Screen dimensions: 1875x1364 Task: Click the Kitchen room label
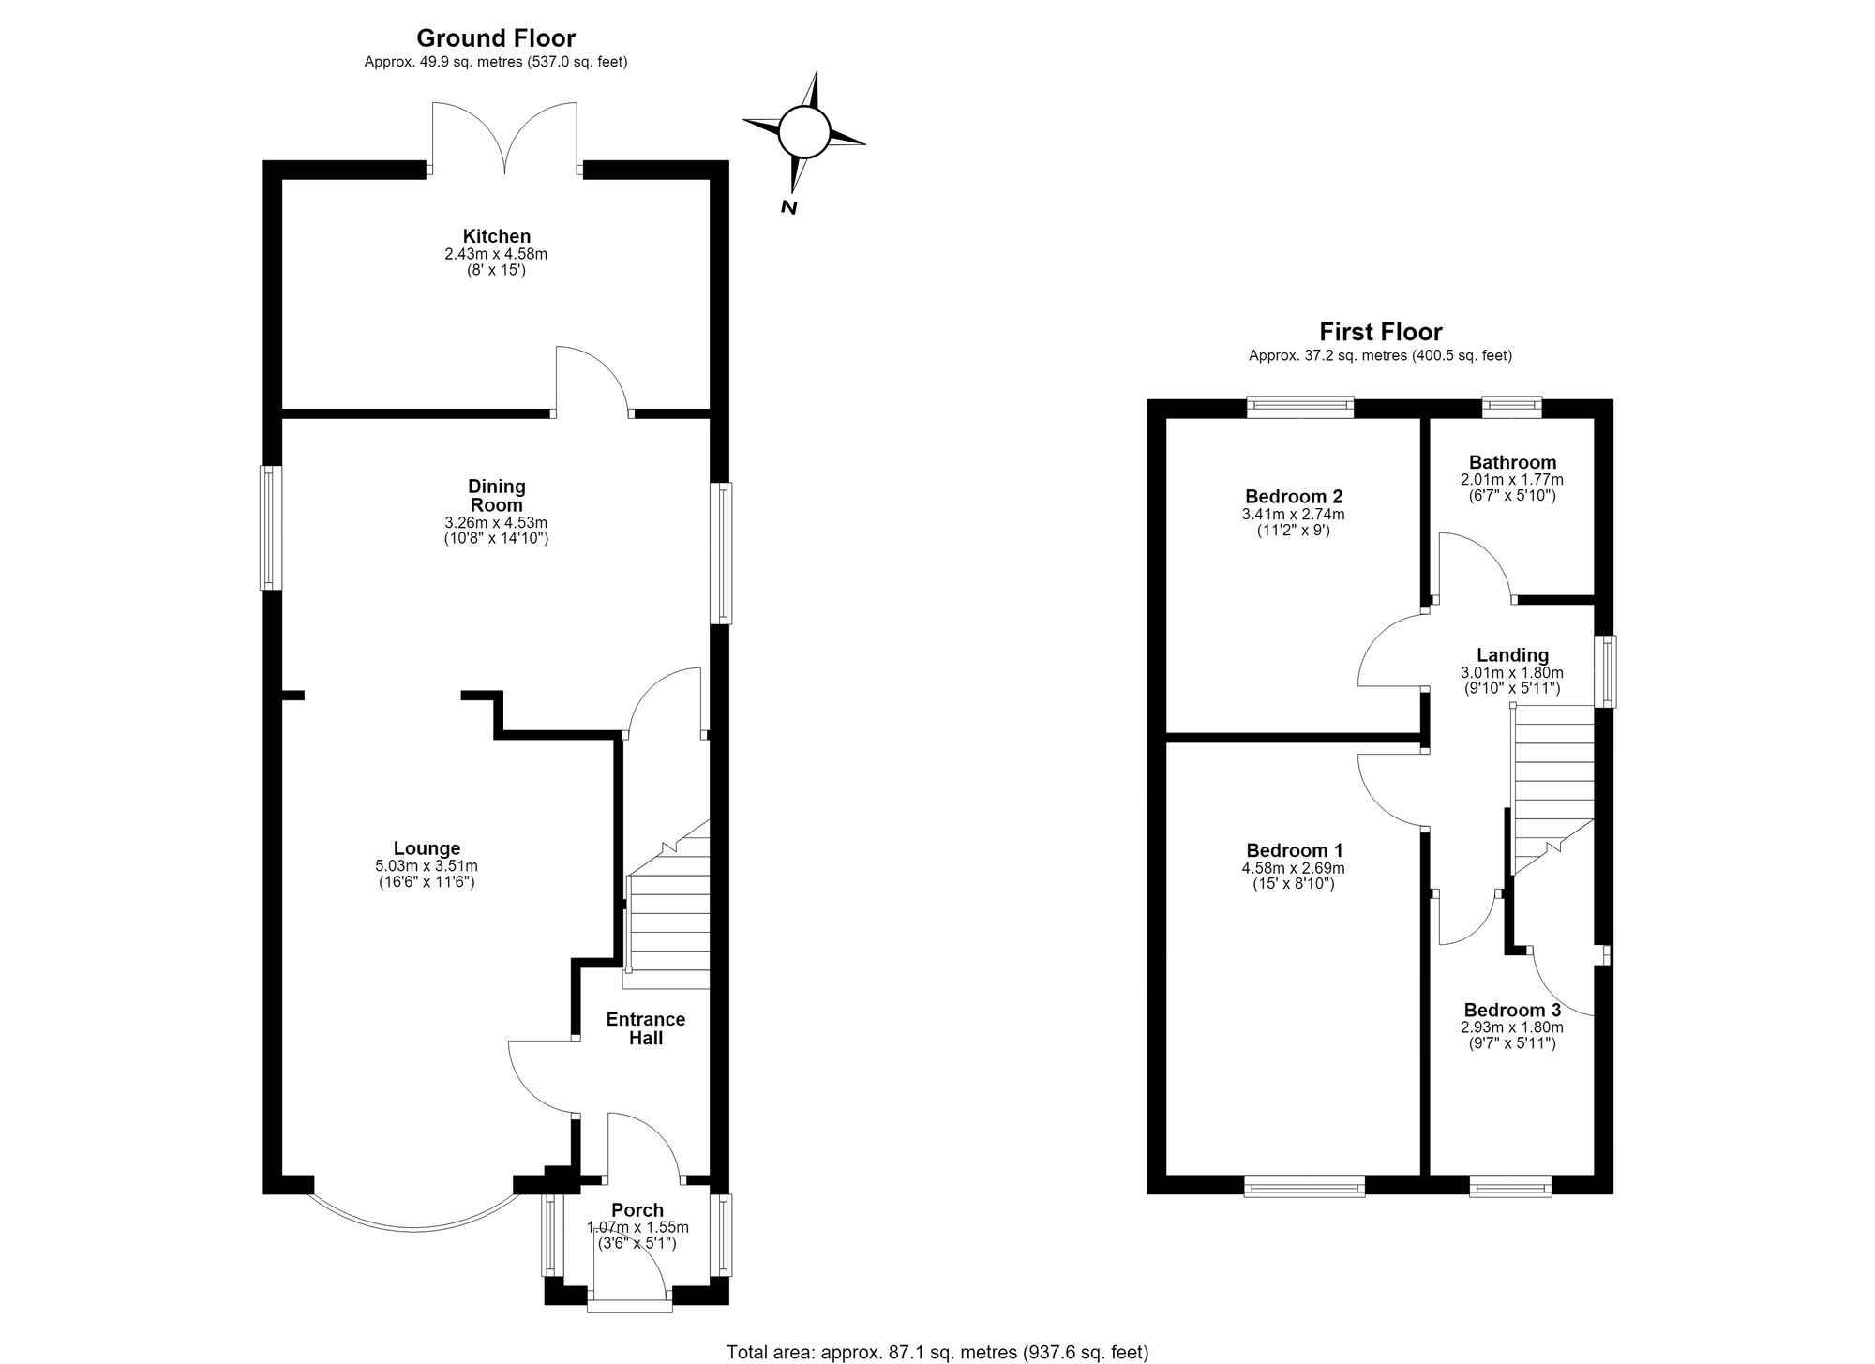497,236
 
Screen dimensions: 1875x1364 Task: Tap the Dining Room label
497,495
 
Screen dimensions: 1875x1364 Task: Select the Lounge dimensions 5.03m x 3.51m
427,866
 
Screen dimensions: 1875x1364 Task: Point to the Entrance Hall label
646,1028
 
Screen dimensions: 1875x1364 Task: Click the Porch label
637,1210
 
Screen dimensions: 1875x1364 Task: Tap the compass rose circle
804,131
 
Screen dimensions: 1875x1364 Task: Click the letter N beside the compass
789,207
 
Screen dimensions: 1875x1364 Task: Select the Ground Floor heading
496,38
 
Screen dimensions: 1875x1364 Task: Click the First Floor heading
1381,332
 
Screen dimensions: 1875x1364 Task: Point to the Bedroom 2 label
1294,497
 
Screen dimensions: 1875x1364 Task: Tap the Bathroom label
1512,462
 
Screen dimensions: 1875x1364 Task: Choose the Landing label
1512,655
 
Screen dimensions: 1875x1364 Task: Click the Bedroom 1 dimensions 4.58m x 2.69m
1293,868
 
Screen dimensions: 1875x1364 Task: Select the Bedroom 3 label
1512,1010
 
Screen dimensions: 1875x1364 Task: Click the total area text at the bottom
937,1352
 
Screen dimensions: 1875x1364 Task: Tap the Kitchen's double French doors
505,139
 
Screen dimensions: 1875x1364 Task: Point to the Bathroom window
1511,405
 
